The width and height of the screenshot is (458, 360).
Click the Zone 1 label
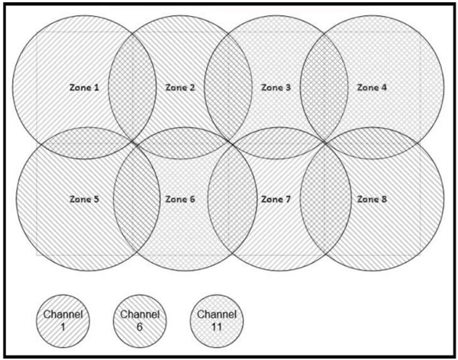point(84,87)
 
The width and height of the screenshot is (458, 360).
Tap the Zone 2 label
point(180,87)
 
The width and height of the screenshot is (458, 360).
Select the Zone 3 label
point(276,87)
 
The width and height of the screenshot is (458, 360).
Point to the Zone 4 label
point(373,87)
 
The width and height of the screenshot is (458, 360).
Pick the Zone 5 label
point(84,199)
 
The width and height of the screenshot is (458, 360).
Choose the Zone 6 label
point(180,199)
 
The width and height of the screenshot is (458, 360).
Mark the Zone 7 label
point(276,199)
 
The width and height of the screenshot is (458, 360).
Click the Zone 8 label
point(373,199)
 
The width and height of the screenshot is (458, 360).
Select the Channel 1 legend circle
point(63,321)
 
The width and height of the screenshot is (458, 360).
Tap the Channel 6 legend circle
point(140,321)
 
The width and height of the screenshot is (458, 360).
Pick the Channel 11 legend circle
point(217,321)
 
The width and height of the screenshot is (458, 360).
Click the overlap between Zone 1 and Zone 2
point(132,87)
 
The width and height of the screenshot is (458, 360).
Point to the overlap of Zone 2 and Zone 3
point(228,87)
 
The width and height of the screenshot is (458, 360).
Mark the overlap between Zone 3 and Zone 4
point(324,87)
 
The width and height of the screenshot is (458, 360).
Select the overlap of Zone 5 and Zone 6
point(137,198)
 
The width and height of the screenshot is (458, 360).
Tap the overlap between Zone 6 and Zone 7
point(233,198)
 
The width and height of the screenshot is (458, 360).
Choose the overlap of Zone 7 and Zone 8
point(326,198)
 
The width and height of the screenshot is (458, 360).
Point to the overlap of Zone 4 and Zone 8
point(373,143)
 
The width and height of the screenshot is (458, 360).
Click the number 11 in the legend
point(217,327)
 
